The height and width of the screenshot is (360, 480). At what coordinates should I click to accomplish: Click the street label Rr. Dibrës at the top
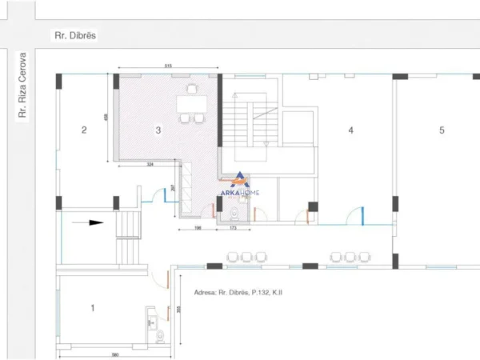pyautogui.click(x=70, y=35)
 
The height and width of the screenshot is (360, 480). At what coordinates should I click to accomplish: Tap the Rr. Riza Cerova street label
pyautogui.click(x=23, y=86)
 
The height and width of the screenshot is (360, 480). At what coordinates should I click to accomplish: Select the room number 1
pyautogui.click(x=93, y=307)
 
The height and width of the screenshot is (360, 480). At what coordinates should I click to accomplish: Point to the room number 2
pyautogui.click(x=84, y=130)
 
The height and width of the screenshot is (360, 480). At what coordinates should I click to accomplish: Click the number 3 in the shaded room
pyautogui.click(x=158, y=130)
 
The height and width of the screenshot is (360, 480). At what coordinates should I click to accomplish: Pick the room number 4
pyautogui.click(x=350, y=130)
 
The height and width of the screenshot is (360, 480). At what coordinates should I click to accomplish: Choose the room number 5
pyautogui.click(x=441, y=130)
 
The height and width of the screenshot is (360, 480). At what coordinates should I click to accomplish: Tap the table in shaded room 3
pyautogui.click(x=191, y=104)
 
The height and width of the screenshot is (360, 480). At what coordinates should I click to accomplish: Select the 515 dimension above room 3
pyautogui.click(x=169, y=66)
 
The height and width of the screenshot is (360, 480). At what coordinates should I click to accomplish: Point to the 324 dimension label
pyautogui.click(x=150, y=165)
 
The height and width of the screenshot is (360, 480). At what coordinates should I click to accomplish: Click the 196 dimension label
pyautogui.click(x=197, y=230)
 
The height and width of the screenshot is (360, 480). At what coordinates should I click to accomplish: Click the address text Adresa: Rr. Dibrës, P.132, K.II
pyautogui.click(x=238, y=293)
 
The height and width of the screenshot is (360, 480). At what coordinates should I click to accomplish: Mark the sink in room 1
pyautogui.click(x=150, y=318)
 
